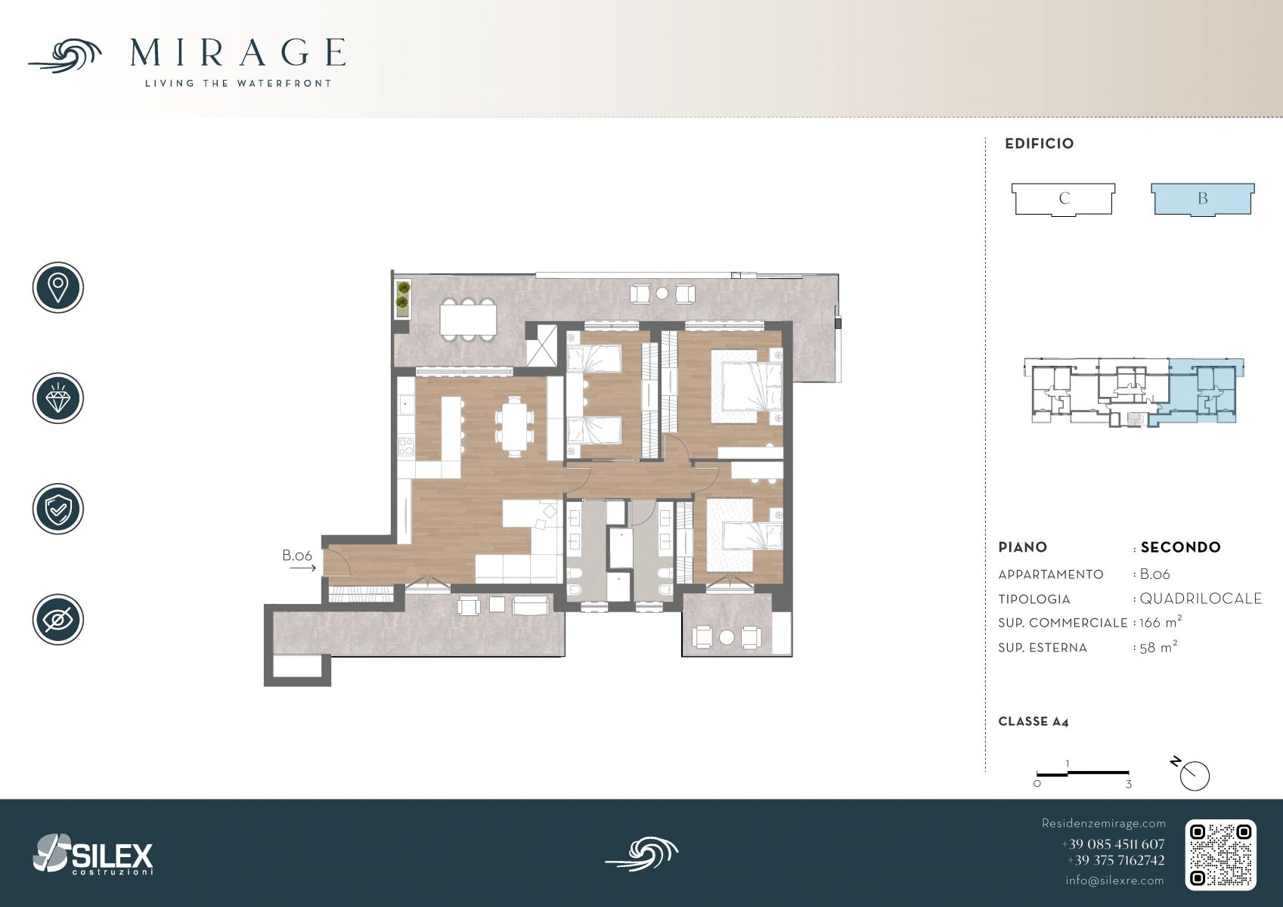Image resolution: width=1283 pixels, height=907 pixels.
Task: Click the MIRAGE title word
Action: [x=237, y=52]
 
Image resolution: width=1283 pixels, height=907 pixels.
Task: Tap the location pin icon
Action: [x=58, y=287]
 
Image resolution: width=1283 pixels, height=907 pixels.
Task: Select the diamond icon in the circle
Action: [x=58, y=398]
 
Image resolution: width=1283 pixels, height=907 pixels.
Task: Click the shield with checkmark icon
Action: [x=58, y=509]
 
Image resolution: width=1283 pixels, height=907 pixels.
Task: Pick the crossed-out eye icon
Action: [x=58, y=620]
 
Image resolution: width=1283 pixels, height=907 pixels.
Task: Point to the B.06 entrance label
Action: [x=296, y=556]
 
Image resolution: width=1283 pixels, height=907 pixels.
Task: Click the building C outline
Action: [x=1063, y=200]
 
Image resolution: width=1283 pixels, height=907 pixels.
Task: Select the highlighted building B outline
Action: [x=1203, y=200]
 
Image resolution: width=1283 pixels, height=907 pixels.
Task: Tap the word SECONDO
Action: [x=1180, y=547]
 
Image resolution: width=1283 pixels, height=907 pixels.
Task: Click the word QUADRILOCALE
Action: [x=1201, y=599]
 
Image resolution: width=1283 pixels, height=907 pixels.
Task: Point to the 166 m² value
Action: [x=1161, y=622]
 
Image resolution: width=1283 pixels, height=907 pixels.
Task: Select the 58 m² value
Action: [x=1158, y=647]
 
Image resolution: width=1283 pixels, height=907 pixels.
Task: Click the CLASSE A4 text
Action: [x=1034, y=722]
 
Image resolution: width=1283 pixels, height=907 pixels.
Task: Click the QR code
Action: [x=1220, y=855]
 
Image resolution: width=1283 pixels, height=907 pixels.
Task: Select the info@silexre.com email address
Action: [x=1114, y=881]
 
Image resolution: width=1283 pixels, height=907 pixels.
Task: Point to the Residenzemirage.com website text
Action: [x=1103, y=823]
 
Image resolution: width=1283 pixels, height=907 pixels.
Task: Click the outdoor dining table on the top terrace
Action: [x=468, y=320]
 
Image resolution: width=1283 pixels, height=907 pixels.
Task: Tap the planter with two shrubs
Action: [x=403, y=298]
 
